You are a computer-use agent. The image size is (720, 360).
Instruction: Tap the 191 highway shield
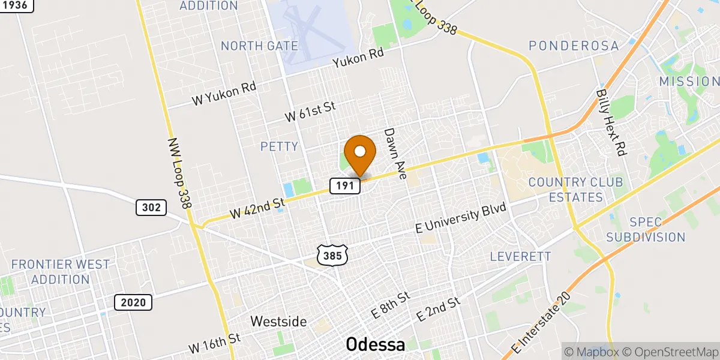tap(344, 186)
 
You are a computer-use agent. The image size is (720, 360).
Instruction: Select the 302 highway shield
tap(151, 208)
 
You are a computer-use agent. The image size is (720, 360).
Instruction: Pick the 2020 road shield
tap(133, 302)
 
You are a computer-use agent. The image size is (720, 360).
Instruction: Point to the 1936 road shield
tap(16, 5)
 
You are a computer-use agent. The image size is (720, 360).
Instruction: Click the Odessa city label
tap(376, 344)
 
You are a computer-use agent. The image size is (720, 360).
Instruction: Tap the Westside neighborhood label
tap(278, 321)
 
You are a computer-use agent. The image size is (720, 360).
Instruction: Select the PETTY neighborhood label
tap(279, 146)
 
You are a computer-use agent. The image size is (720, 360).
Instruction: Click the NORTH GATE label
tap(259, 46)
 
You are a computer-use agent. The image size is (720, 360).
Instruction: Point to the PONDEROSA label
tap(573, 46)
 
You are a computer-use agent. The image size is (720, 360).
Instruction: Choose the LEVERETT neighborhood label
tap(520, 257)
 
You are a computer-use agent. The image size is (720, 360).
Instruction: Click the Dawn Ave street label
tap(395, 154)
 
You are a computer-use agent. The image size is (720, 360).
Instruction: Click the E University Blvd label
tap(462, 219)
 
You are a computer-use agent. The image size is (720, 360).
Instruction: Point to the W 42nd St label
tap(257, 208)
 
